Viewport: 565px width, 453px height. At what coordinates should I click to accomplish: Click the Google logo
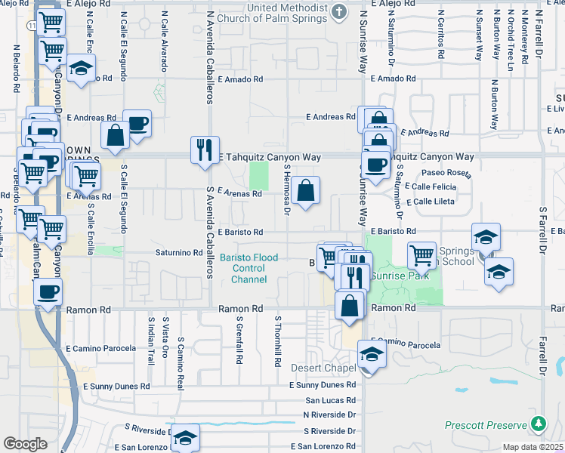click(x=25, y=444)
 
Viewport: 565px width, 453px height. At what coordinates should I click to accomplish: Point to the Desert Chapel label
click(x=323, y=368)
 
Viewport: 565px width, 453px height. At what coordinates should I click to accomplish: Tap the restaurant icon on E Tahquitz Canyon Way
click(x=204, y=149)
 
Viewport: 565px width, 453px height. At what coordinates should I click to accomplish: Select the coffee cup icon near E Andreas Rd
click(x=137, y=124)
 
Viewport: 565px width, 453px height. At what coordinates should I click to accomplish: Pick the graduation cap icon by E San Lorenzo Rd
click(x=185, y=437)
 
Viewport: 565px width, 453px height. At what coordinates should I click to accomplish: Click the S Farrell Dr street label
click(x=542, y=230)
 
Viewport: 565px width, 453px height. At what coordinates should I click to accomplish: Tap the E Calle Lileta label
click(x=430, y=202)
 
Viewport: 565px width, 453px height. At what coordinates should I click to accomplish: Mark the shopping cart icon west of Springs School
click(x=421, y=255)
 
